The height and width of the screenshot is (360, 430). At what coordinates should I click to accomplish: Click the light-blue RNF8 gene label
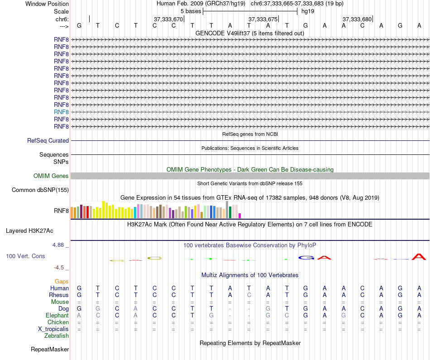tap(61, 112)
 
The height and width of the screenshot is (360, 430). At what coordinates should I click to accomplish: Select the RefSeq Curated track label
tap(48, 141)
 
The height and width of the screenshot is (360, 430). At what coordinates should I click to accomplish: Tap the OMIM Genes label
tap(51, 176)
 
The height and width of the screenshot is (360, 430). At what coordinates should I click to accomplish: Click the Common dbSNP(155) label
tap(40, 190)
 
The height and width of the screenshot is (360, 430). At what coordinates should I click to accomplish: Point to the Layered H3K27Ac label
tap(29, 230)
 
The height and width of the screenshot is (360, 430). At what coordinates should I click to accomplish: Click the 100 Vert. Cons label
tap(25, 256)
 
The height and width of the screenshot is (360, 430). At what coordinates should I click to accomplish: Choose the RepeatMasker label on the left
tap(50, 350)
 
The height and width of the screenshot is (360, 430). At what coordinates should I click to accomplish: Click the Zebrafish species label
tap(57, 336)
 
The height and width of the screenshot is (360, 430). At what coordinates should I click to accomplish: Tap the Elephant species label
tap(57, 316)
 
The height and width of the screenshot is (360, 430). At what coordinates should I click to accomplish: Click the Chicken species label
tap(58, 322)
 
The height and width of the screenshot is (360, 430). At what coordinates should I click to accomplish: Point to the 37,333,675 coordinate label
tap(263, 19)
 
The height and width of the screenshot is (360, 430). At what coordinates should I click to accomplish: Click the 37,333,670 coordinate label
tap(168, 19)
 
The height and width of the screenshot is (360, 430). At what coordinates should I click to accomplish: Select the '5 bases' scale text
tap(191, 11)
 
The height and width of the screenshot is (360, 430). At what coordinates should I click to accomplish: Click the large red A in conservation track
tap(420, 257)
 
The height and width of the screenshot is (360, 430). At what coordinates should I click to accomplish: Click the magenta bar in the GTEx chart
tap(240, 216)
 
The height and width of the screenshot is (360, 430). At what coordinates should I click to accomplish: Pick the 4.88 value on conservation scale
tap(59, 245)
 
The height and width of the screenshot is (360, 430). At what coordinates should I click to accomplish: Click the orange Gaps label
tap(62, 282)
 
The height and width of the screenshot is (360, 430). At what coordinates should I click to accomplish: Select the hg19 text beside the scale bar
tap(308, 11)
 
